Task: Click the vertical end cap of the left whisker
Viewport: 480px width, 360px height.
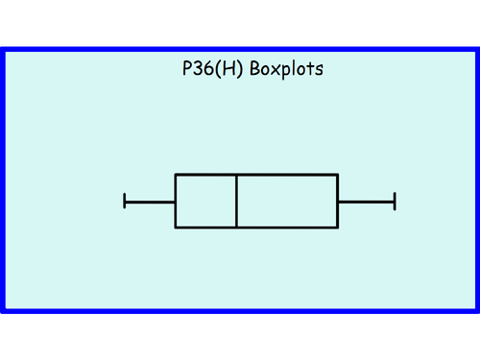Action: (125, 201)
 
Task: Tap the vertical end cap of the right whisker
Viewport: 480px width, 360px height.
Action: (395, 201)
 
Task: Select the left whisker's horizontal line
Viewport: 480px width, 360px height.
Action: (150, 201)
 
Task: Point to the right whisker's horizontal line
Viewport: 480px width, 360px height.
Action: (366, 201)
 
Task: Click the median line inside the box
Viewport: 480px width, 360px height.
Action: (236, 201)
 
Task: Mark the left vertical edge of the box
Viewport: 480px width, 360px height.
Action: (176, 201)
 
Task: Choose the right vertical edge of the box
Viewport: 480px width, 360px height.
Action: (337, 201)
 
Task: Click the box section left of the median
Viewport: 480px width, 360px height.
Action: (205, 201)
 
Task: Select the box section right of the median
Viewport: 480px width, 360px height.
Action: (287, 201)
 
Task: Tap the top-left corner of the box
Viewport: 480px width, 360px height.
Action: (176, 175)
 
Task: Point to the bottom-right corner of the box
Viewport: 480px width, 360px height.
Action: (337, 228)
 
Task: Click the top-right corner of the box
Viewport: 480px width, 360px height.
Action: (337, 175)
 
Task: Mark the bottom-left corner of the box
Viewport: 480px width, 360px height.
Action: (176, 228)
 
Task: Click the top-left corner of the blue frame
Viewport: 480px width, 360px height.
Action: (4, 49)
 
